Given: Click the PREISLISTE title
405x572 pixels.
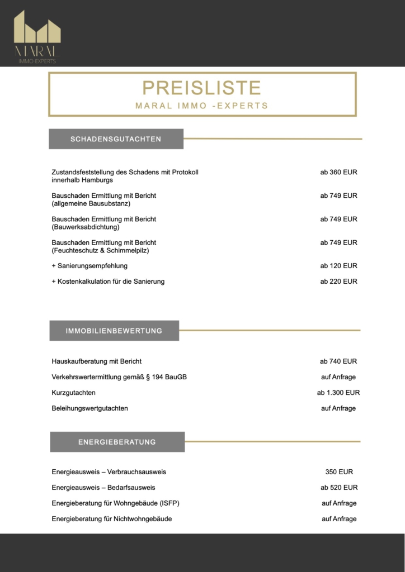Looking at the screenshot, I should [x=201, y=88].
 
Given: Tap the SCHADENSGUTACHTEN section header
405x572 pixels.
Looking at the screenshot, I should [x=116, y=139].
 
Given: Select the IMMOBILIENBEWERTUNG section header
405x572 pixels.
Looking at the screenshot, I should [x=114, y=331].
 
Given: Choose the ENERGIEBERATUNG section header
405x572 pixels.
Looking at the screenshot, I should [x=117, y=442].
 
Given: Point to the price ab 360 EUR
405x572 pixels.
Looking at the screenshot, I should [x=338, y=173].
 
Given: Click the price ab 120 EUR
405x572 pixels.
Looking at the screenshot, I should [x=338, y=266].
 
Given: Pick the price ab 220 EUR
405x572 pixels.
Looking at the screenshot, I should [x=338, y=282].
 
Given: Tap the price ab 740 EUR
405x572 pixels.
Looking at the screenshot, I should [x=338, y=361].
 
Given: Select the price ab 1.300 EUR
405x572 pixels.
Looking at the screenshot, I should [x=338, y=393].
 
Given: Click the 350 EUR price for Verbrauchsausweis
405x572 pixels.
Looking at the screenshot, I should [x=339, y=472].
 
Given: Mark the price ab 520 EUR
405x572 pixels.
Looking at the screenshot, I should [x=338, y=488].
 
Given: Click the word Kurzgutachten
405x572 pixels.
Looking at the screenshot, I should [x=73, y=393].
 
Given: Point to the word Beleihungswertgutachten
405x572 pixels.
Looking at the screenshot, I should [x=90, y=408].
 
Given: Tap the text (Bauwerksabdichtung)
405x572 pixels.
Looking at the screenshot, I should [x=86, y=227].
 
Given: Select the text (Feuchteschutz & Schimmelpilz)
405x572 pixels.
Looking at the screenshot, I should [x=100, y=251].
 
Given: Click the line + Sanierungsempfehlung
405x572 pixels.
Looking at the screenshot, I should [x=90, y=266].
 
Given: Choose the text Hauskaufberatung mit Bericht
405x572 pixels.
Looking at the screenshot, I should [x=96, y=361].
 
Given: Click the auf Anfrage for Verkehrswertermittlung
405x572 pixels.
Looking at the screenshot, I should [x=338, y=377].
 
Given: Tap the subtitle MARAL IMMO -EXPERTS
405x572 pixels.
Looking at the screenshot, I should [x=201, y=106].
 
